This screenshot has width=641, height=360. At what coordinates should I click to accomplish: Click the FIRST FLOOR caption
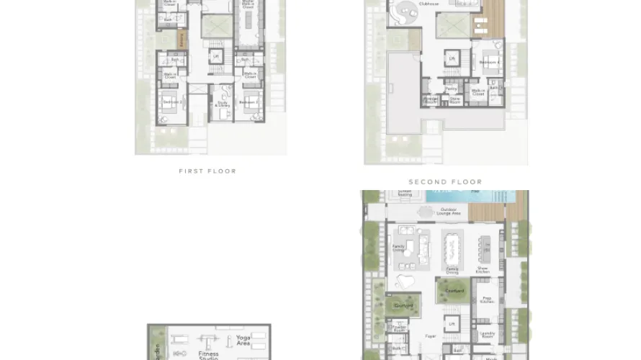tap(207, 171)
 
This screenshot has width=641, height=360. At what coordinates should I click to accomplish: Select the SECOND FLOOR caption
tap(445, 182)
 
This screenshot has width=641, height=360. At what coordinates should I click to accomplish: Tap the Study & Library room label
tap(222, 103)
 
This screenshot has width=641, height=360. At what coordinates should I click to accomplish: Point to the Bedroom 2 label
tap(171, 102)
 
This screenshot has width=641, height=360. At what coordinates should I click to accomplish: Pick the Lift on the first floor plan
tap(215, 55)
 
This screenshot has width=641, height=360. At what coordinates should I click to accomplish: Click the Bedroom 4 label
tap(490, 63)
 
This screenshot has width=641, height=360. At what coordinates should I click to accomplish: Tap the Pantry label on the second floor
tap(452, 88)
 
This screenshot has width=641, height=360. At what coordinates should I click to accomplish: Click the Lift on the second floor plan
tap(452, 58)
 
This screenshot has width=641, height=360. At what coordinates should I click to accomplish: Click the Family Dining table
tap(453, 249)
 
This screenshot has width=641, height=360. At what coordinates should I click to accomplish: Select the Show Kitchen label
tap(483, 270)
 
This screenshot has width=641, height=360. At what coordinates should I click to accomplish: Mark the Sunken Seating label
tap(405, 194)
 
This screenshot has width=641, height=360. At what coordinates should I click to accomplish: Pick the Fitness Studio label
tap(208, 356)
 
